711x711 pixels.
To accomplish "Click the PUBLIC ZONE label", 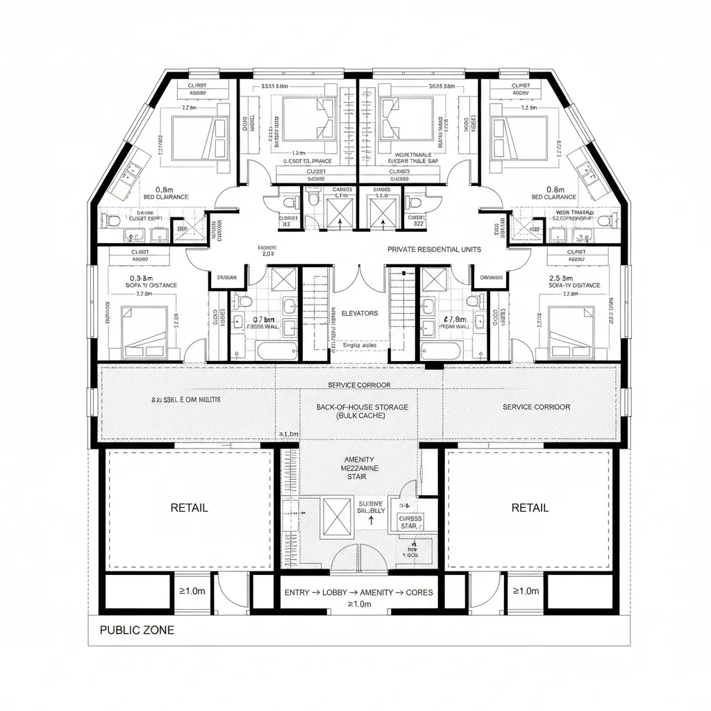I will (137, 630).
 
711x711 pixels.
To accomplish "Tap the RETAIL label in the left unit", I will (188, 508).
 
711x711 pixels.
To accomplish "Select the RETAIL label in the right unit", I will (530, 508).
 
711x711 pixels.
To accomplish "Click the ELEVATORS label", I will (360, 313).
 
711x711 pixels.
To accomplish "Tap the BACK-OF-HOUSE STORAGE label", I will (362, 407).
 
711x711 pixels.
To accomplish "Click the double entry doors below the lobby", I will (359, 557).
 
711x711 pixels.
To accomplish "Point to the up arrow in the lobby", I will (372, 518).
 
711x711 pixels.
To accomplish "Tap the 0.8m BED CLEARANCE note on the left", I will (165, 192).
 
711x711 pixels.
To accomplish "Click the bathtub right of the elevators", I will (440, 349).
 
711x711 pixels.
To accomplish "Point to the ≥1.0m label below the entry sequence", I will (358, 604).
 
